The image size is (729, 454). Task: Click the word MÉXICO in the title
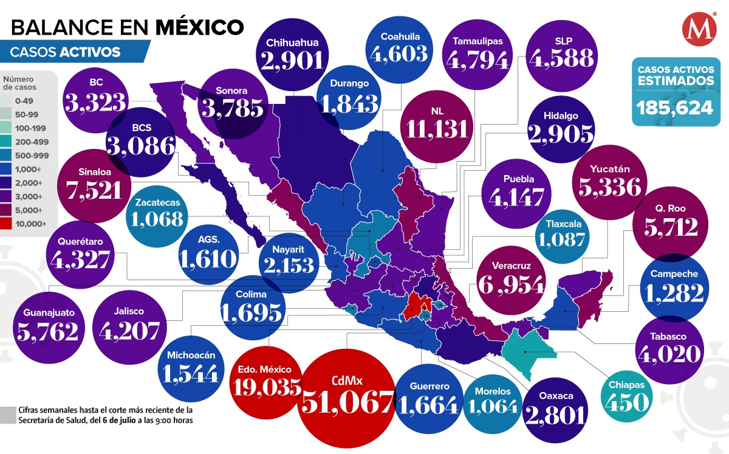pos(200,27)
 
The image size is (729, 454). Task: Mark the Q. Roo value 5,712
pos(670,226)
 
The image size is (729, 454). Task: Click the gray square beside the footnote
pos(9,414)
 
